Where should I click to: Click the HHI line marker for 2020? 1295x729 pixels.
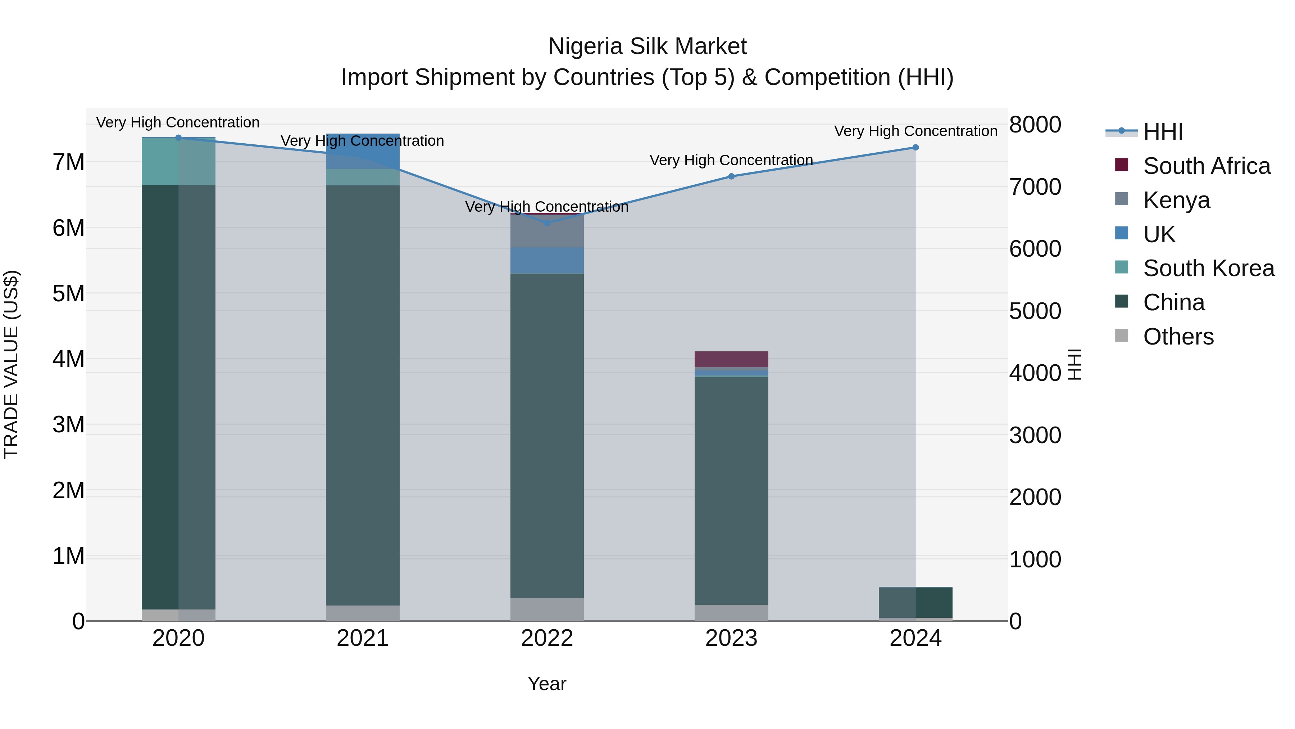click(178, 138)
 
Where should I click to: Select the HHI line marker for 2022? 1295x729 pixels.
click(547, 223)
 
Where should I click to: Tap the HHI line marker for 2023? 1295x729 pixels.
click(731, 177)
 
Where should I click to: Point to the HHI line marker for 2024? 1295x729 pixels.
click(915, 147)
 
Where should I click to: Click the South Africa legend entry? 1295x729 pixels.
click(1207, 166)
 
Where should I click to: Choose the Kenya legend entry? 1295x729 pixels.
click(1176, 200)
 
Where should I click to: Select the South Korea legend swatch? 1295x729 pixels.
click(1122, 267)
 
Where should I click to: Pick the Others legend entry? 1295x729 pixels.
click(1178, 337)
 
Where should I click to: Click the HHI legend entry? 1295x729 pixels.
click(1163, 132)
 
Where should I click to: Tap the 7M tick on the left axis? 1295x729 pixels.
click(68, 162)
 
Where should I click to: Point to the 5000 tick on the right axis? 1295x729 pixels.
click(1035, 311)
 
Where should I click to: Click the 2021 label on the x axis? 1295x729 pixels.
click(363, 638)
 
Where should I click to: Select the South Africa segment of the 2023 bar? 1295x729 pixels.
click(731, 359)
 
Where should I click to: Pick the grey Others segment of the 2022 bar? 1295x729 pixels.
click(547, 609)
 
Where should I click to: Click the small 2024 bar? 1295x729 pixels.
click(915, 602)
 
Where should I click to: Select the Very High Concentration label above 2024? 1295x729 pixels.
click(915, 131)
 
